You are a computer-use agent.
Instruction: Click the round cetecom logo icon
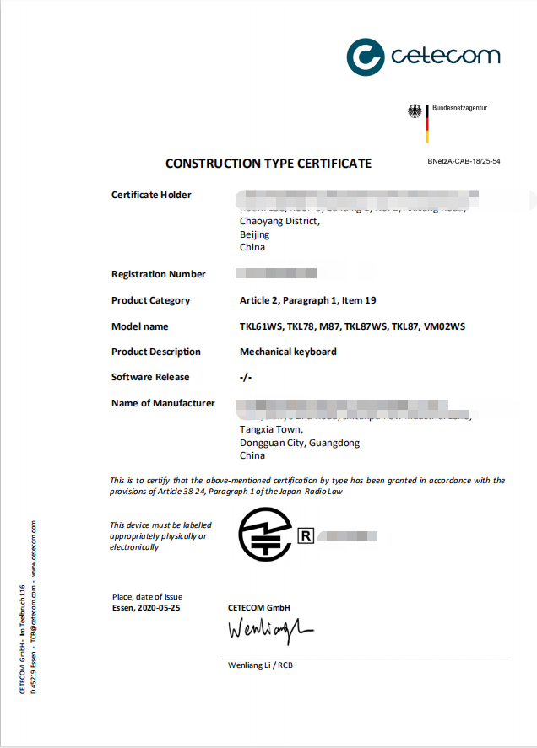pos(366,57)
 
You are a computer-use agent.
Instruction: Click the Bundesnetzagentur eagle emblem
pos(415,111)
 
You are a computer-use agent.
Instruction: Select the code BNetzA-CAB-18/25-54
pos(464,160)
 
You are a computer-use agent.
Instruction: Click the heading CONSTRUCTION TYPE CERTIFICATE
pos(268,163)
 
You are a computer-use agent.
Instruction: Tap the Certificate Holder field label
pos(151,195)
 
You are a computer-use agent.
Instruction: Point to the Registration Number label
pos(158,274)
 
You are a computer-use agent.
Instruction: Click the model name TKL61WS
pos(260,326)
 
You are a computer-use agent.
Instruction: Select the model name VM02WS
pos(444,326)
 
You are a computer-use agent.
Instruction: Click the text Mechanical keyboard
pos(288,352)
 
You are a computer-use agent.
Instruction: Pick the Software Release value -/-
pos(246,377)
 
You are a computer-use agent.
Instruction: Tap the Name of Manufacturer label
pos(163,403)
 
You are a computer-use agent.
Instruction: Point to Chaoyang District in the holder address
pos(279,221)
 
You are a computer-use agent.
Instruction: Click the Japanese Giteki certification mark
pos(265,534)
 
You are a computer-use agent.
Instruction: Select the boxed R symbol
pos(305,535)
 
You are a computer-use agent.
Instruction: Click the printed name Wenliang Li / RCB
pos(260,665)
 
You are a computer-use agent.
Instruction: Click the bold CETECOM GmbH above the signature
pos(258,608)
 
